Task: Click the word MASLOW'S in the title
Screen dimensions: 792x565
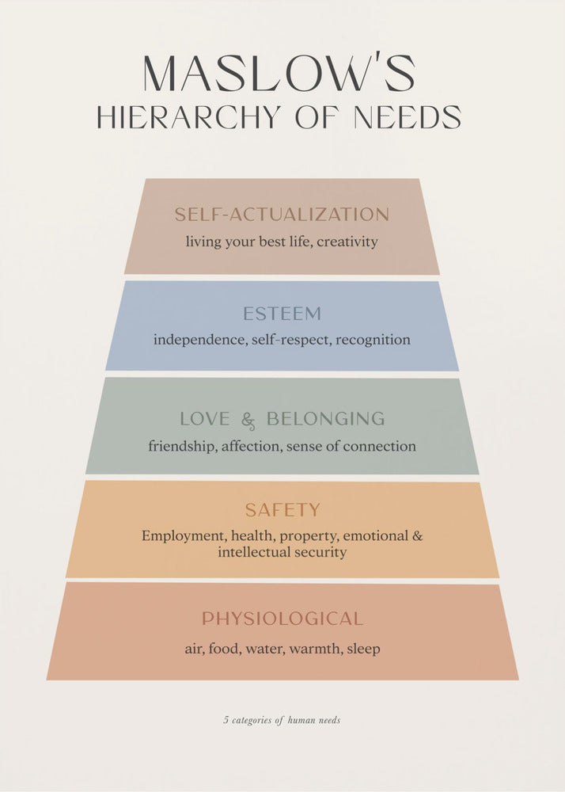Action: pyautogui.click(x=279, y=74)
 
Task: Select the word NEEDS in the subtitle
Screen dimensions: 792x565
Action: pyautogui.click(x=408, y=117)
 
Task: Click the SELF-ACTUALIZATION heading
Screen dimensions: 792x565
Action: pyautogui.click(x=282, y=215)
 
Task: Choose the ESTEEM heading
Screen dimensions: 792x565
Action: pyautogui.click(x=282, y=314)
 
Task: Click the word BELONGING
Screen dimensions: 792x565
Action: pyautogui.click(x=325, y=419)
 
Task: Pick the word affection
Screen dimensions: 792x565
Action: pyautogui.click(x=250, y=446)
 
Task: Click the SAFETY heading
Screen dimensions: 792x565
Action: pyautogui.click(x=282, y=510)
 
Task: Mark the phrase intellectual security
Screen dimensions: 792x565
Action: pyautogui.click(x=282, y=552)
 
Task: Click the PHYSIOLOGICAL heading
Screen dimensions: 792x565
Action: pyautogui.click(x=282, y=619)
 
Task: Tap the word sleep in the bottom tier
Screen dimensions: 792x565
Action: pyautogui.click(x=362, y=649)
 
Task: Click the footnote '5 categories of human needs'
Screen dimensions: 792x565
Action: pyautogui.click(x=282, y=721)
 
